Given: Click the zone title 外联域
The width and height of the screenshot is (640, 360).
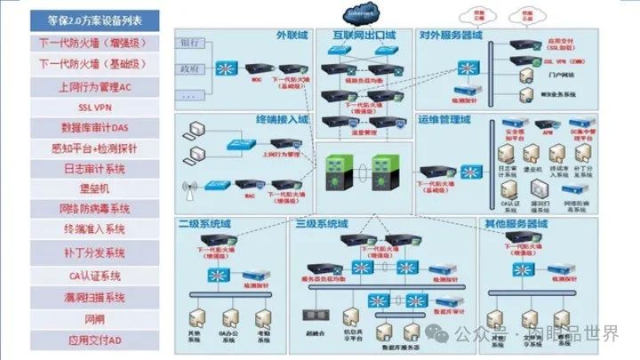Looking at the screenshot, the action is pos(291,35).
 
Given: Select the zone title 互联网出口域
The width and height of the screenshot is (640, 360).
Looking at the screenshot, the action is pos(364,35).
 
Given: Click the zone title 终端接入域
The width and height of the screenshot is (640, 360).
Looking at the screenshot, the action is pos(282,120).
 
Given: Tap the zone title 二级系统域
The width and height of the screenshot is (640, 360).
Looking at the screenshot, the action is pos(202,222).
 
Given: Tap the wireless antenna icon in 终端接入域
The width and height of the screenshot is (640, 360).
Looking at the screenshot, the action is pos(188,188).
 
